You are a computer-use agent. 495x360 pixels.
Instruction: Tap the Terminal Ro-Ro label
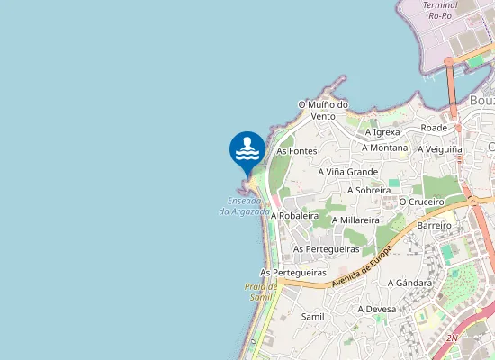tap(440, 10)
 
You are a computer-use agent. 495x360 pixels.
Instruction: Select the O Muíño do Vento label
tap(323, 110)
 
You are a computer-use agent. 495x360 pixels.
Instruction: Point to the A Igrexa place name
tap(382, 132)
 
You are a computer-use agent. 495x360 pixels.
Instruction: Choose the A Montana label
tap(384, 148)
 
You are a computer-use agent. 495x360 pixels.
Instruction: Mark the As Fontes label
tap(297, 151)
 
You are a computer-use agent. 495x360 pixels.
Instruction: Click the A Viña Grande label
tap(348, 171)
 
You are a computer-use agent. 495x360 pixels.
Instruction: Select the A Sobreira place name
tap(368, 191)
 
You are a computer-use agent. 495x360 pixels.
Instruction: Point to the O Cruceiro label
tap(422, 202)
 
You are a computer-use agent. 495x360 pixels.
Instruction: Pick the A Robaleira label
tap(294, 216)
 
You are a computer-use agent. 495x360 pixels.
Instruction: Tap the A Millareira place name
tap(355, 220)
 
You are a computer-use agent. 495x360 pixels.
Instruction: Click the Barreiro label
tap(434, 225)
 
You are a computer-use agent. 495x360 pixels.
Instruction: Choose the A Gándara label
tap(409, 283)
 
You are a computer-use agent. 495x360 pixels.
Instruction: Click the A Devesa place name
tap(377, 309)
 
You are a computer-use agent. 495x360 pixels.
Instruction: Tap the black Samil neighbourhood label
tap(312, 317)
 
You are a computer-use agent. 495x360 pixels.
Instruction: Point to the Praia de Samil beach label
tap(259, 291)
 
